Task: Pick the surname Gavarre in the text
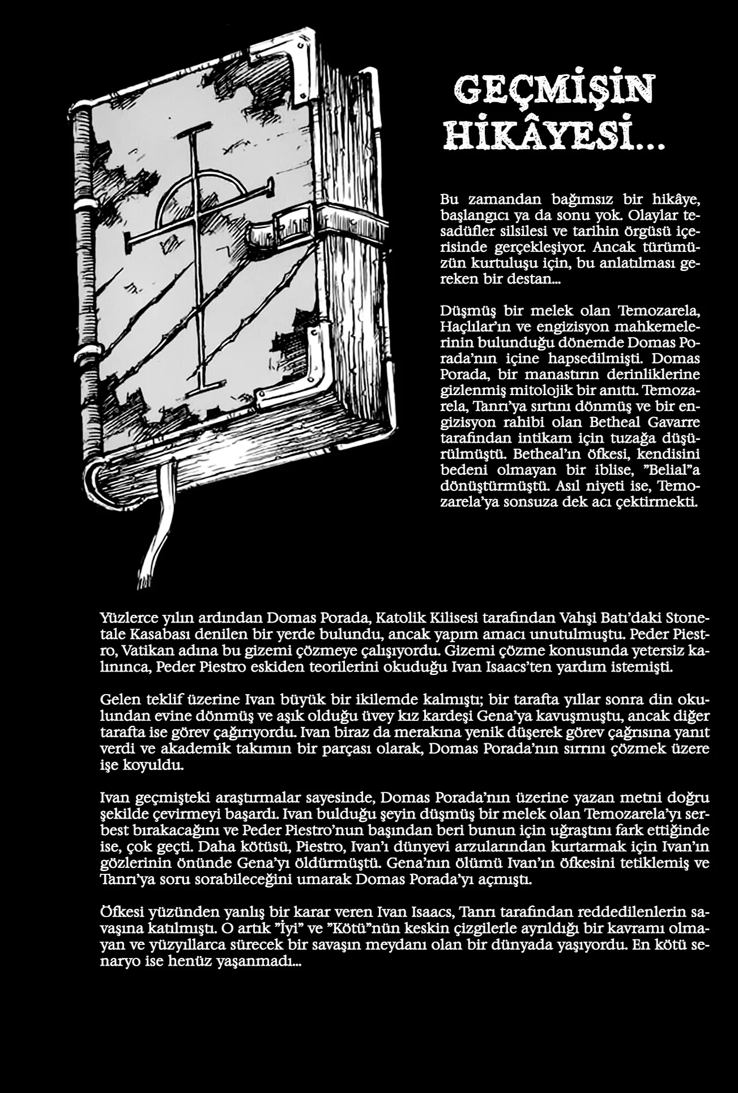pos(673,422)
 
